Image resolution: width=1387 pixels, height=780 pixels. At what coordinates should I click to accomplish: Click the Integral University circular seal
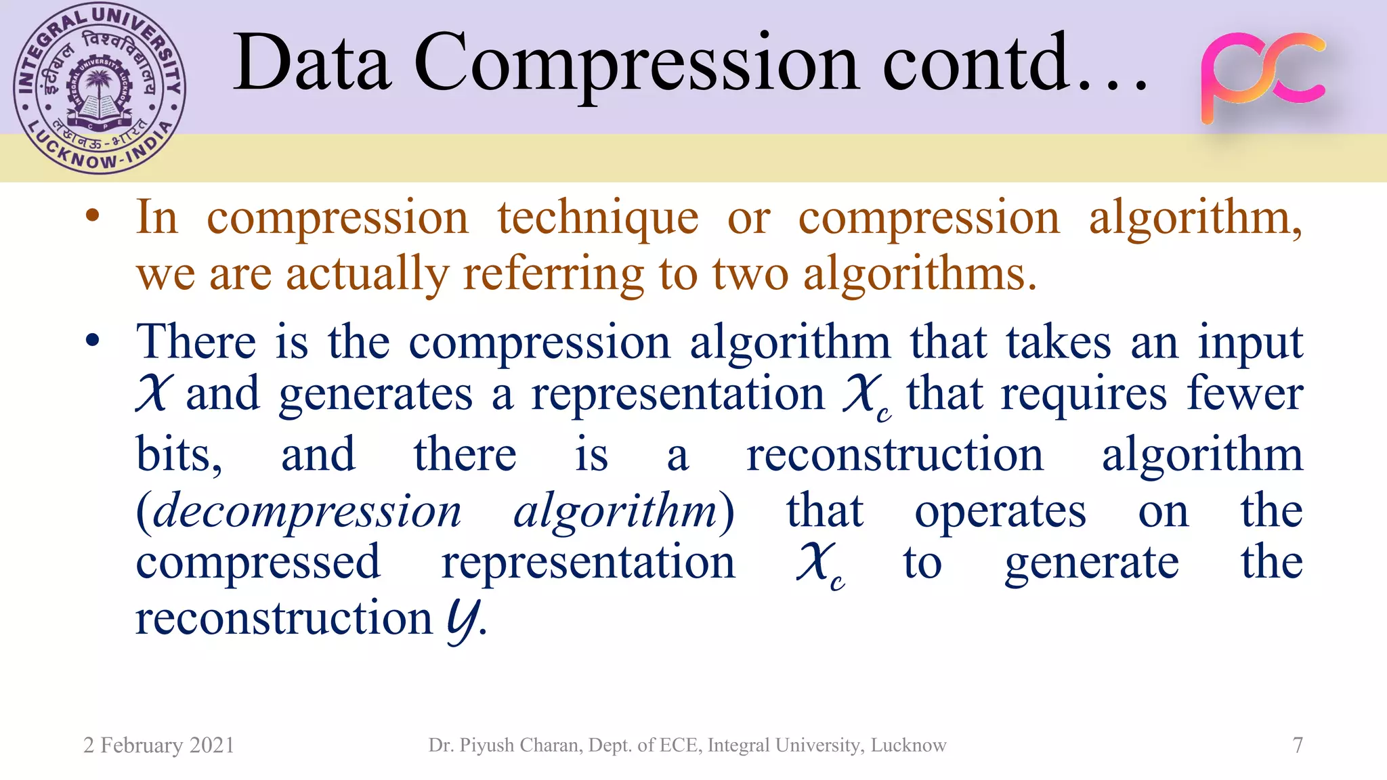100,89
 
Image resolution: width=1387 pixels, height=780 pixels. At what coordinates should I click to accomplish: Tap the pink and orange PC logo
1262,78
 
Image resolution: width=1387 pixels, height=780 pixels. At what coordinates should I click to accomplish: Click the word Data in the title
312,62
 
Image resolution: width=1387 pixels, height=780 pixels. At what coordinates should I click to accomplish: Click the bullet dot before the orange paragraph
93,217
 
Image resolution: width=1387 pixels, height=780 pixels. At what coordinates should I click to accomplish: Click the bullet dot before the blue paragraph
93,340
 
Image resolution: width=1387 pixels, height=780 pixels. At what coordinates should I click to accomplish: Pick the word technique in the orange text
597,218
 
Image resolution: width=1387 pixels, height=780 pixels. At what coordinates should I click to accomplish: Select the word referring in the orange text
553,274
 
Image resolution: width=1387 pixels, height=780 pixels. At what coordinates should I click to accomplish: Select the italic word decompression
307,511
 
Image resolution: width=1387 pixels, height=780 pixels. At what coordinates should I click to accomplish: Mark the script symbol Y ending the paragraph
463,620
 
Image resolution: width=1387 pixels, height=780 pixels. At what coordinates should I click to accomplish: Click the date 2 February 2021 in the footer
158,745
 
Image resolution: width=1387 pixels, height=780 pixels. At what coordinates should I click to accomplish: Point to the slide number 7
1298,745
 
